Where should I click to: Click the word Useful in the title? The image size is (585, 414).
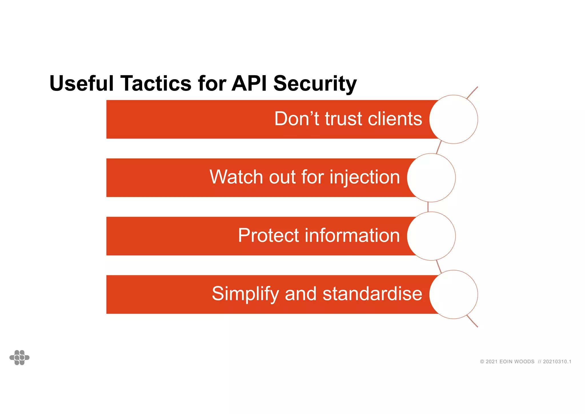(82, 83)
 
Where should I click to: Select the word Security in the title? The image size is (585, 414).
(315, 84)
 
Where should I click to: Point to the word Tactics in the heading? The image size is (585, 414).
(156, 83)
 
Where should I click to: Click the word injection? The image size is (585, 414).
(365, 178)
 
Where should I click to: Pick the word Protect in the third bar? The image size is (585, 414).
(268, 235)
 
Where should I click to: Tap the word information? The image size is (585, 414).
(352, 235)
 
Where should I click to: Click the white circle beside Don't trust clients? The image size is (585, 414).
(453, 119)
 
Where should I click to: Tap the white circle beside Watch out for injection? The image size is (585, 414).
(431, 178)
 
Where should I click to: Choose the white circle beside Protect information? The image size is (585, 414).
(431, 236)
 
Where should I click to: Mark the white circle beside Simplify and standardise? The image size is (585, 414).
(453, 294)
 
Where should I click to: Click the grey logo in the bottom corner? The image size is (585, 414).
(19, 357)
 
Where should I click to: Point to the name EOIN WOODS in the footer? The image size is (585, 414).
(517, 362)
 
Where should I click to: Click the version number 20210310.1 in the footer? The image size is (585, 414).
(557, 362)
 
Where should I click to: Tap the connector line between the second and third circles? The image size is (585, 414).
(428, 207)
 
